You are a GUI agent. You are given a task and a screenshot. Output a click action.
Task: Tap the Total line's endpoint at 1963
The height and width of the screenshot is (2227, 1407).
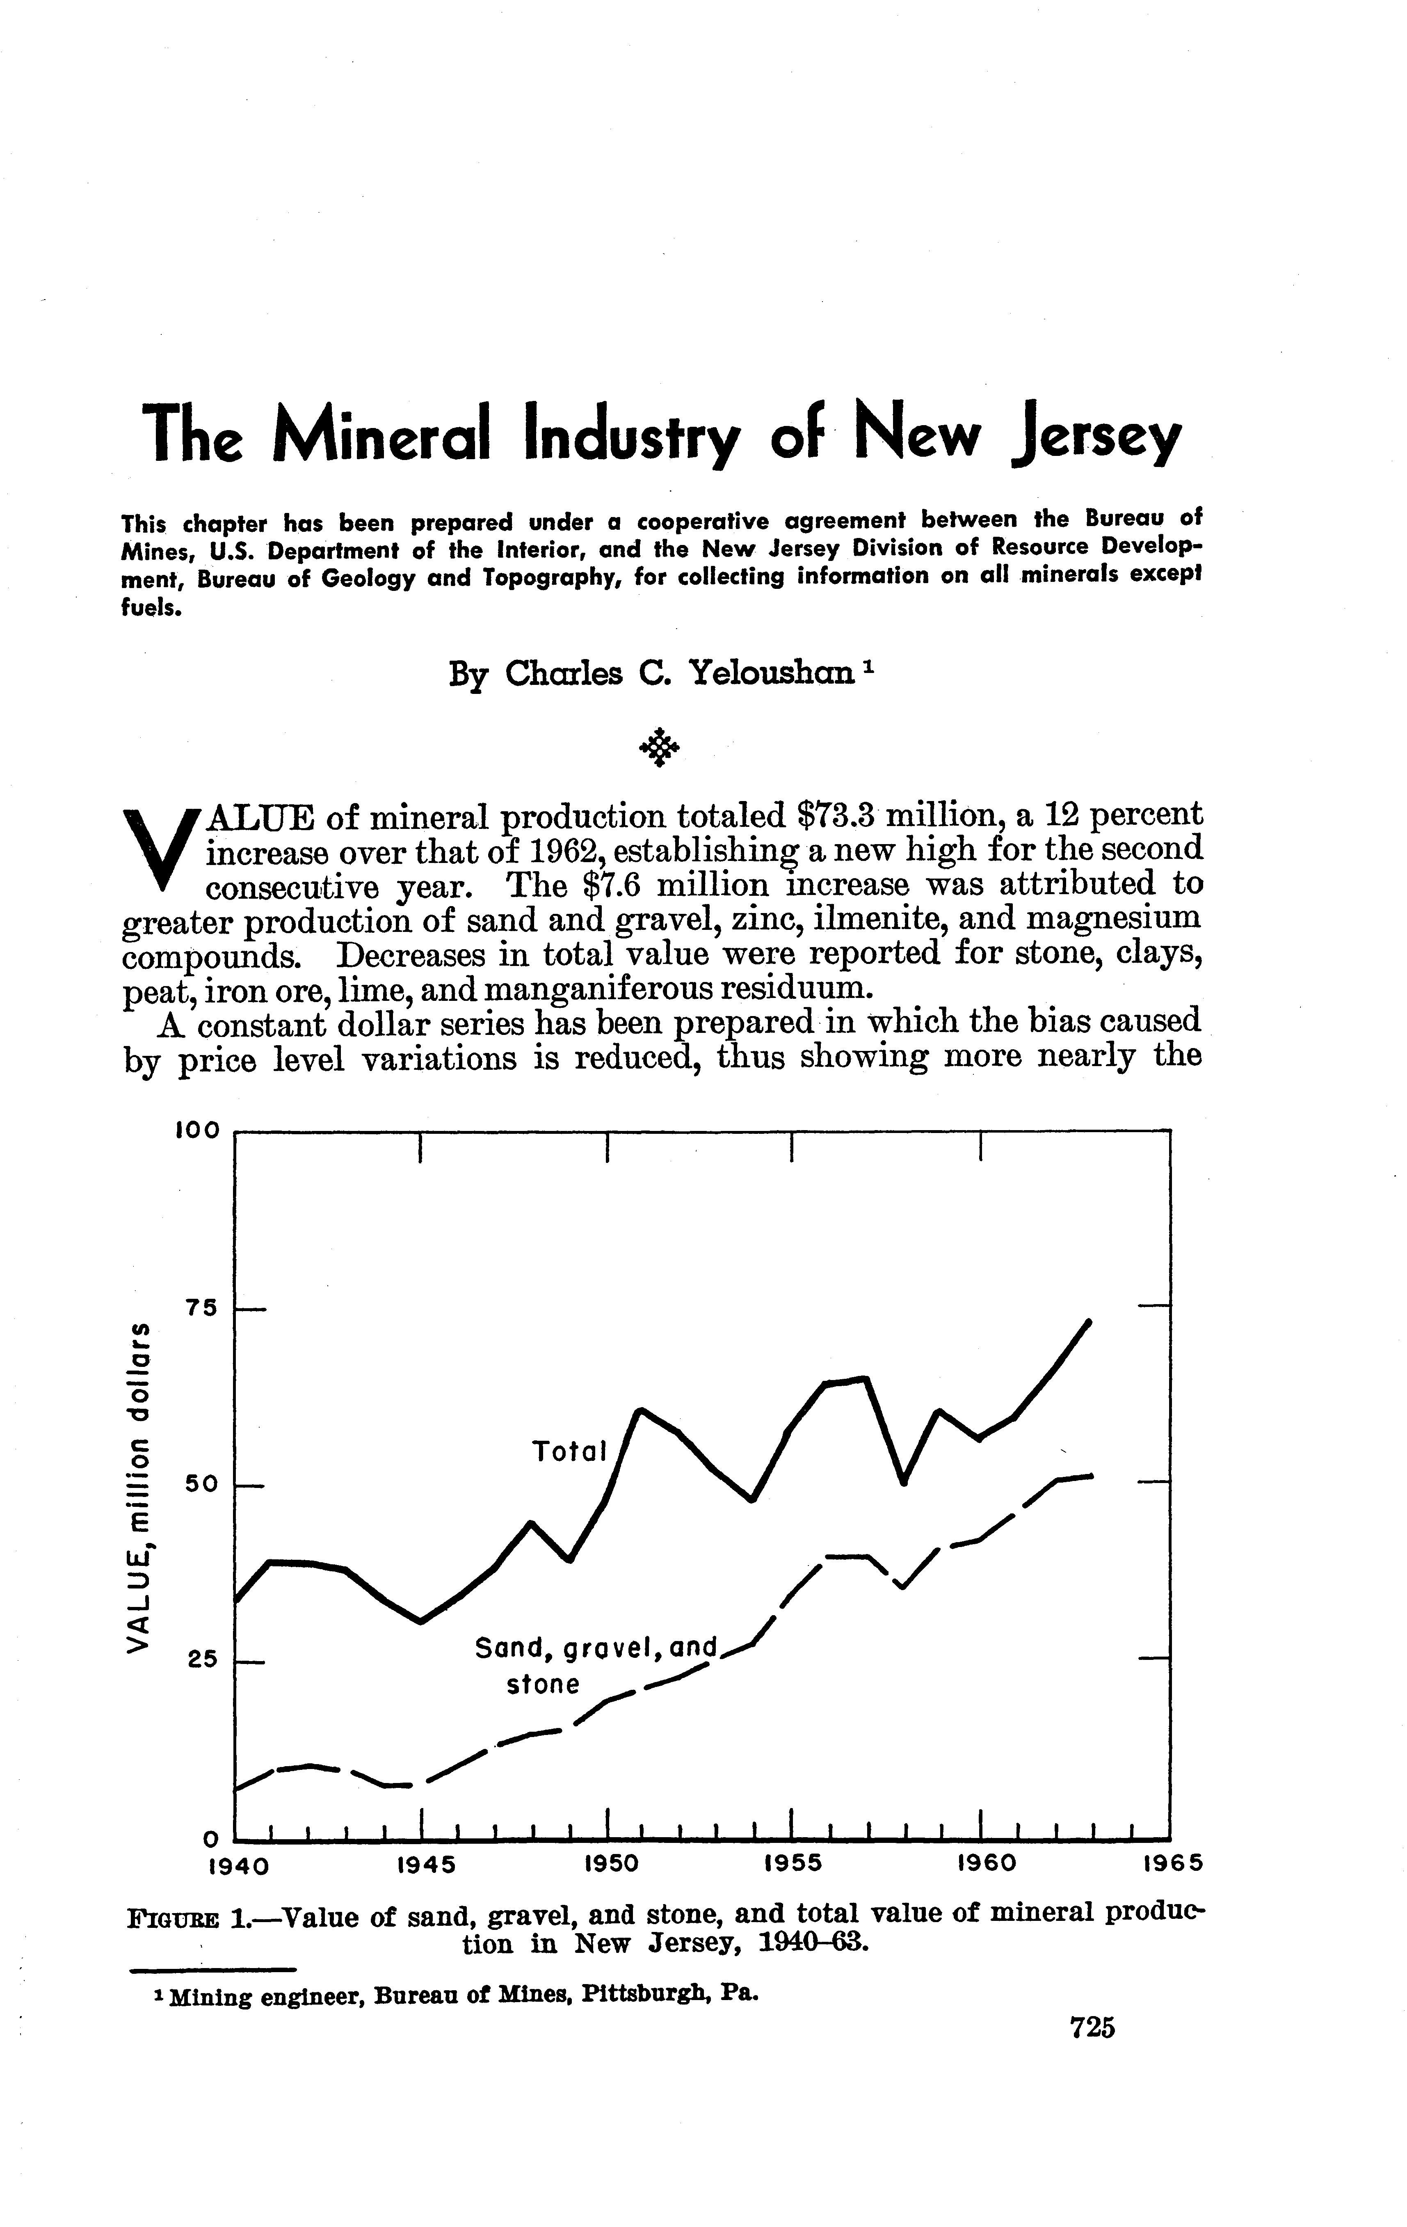[1089, 1322]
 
